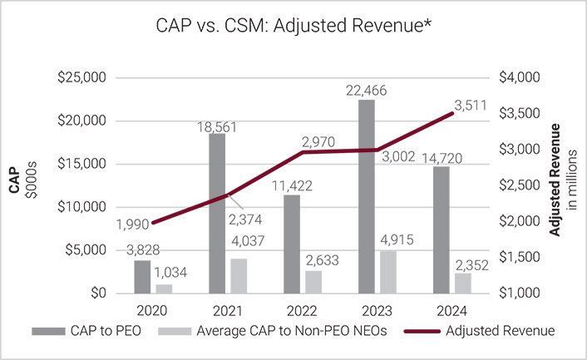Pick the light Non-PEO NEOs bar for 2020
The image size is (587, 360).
pyautogui.click(x=165, y=288)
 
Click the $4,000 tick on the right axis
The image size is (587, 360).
pyautogui.click(x=520, y=77)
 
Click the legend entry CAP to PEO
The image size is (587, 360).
pyautogui.click(x=106, y=331)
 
